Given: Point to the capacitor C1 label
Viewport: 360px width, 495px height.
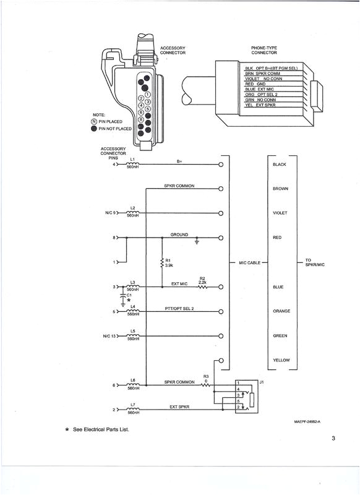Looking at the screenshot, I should pyautogui.click(x=129, y=296).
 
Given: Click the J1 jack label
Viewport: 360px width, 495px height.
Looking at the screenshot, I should pyautogui.click(x=262, y=382).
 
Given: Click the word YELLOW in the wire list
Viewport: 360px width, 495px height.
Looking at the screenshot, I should pyautogui.click(x=281, y=360).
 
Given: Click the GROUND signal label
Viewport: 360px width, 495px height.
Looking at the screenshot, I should pyautogui.click(x=179, y=234).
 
